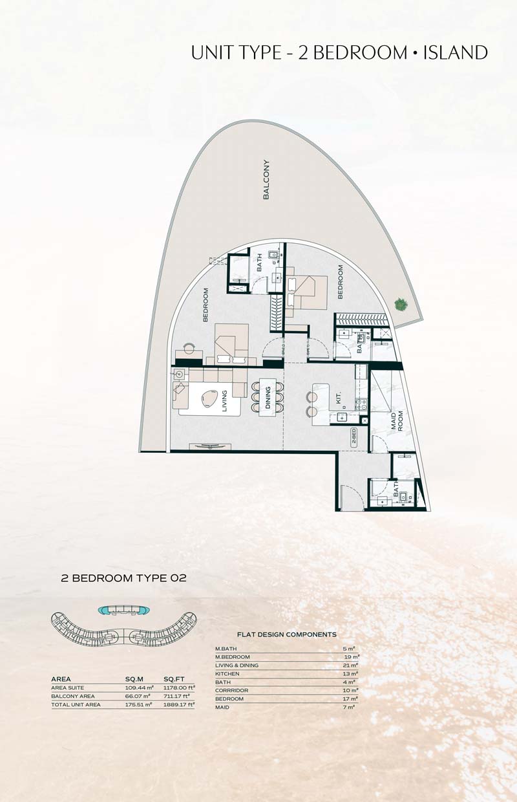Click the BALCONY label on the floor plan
[266, 179]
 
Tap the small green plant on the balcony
[401, 305]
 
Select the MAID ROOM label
[397, 420]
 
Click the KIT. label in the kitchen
[339, 397]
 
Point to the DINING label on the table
[268, 397]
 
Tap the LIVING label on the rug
[224, 401]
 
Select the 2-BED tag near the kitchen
[353, 436]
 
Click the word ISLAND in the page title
[456, 52]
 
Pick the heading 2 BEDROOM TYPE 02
[124, 578]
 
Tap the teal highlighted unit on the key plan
[124, 610]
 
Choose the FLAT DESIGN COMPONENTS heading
[286, 634]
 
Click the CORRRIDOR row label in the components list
[231, 690]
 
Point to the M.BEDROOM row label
[233, 657]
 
